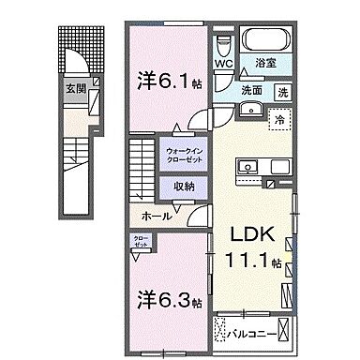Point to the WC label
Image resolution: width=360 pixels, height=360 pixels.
pos(223,65)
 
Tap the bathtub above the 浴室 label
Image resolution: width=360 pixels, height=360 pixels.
pos(266,42)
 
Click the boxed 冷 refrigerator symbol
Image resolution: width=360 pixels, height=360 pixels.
pos(279,119)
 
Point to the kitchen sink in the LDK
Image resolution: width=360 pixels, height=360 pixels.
pos(250,167)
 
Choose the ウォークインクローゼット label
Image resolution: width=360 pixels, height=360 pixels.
pos(185,155)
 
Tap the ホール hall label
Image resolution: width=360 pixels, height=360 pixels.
pos(157,216)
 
